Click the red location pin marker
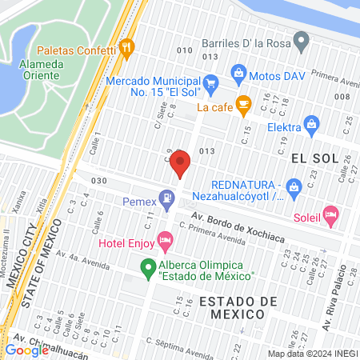(180, 163)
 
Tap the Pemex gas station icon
(166, 197)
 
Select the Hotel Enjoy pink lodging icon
(166, 239)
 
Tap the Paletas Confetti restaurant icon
(125, 48)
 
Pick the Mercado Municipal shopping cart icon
(210, 82)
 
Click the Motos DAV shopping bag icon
(238, 73)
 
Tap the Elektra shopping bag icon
(311, 124)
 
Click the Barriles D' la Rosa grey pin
(301, 38)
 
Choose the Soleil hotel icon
(331, 214)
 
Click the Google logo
(26, 350)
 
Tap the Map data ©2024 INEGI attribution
(311, 353)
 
